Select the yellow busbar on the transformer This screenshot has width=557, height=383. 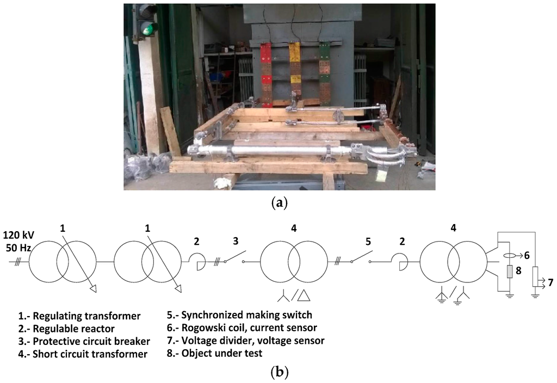point(294,71)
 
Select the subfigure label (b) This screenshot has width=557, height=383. point(279,373)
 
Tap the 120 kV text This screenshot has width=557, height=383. point(19,236)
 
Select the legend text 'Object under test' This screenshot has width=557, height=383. point(224,353)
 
